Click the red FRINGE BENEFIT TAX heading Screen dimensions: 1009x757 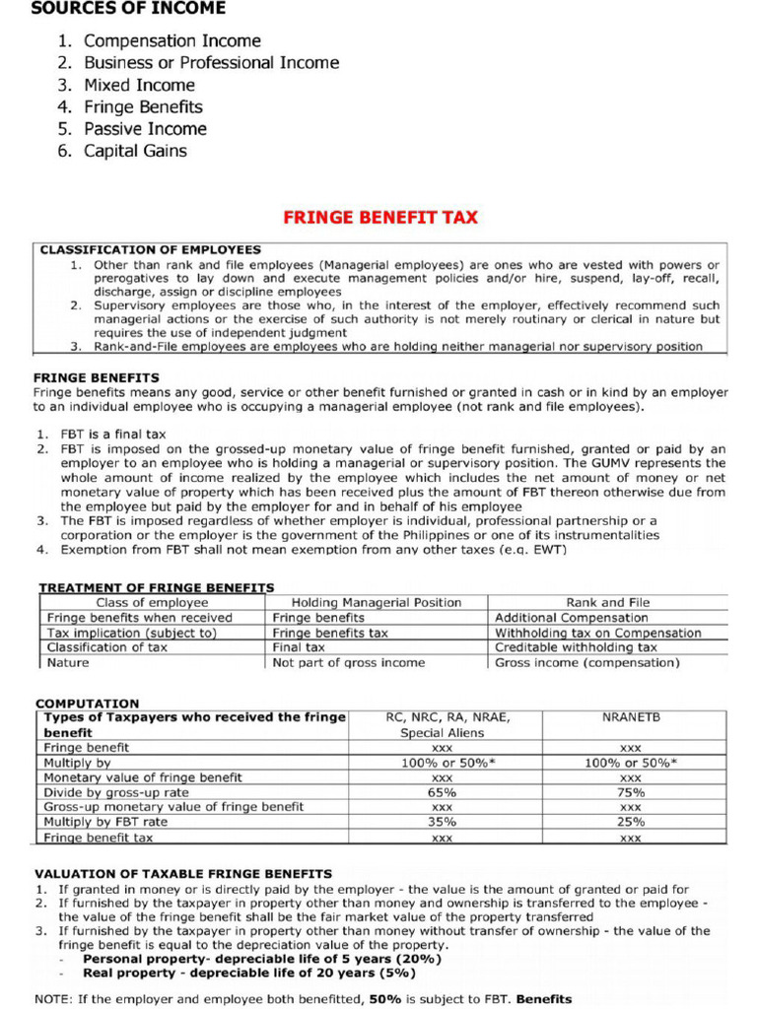point(380,217)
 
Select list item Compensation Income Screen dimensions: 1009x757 point(172,40)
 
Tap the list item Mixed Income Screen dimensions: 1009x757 point(139,85)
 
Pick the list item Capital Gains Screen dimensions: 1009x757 point(135,151)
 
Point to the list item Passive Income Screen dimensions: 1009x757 point(145,129)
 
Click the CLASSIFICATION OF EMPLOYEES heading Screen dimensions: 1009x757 point(150,250)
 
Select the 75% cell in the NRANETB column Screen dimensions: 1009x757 point(631,792)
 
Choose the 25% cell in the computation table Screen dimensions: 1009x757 point(631,822)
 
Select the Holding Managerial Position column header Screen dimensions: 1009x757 point(377,602)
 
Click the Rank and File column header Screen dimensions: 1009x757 point(607,602)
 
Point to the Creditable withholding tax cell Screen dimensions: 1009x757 point(576,647)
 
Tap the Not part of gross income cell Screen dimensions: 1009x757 point(349,663)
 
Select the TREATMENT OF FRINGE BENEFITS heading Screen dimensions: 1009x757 point(156,588)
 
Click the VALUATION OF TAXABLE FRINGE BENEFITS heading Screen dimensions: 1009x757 point(183,874)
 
